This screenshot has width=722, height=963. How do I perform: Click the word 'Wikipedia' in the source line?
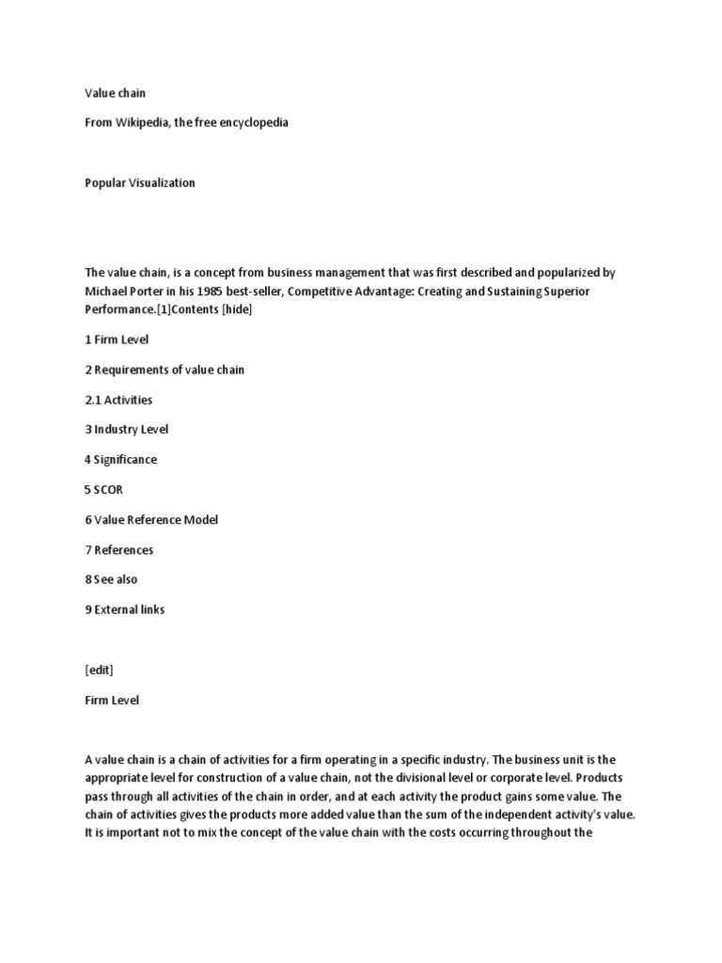tap(141, 123)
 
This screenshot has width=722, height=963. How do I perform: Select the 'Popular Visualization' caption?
tap(140, 183)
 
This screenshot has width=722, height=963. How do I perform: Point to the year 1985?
tap(213, 291)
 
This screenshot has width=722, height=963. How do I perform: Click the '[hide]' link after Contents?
tap(236, 309)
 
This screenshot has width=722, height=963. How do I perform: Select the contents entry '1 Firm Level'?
tap(116, 339)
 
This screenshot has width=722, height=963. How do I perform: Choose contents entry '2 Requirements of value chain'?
tap(165, 370)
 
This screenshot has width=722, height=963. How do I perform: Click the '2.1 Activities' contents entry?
tap(118, 400)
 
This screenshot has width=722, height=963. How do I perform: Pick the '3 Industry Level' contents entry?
tap(127, 430)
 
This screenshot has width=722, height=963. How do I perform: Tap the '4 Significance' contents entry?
tap(121, 460)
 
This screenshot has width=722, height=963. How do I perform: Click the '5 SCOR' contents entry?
tap(103, 490)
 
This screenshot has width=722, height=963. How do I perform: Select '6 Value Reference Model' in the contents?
tap(150, 520)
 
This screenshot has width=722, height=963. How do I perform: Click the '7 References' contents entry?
tap(118, 550)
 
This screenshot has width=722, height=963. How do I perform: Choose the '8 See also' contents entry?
tap(111, 580)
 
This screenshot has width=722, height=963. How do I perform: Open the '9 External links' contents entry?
tap(124, 610)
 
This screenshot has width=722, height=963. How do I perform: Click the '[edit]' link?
tap(99, 671)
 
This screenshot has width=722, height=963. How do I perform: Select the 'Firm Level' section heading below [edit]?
tap(111, 701)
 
